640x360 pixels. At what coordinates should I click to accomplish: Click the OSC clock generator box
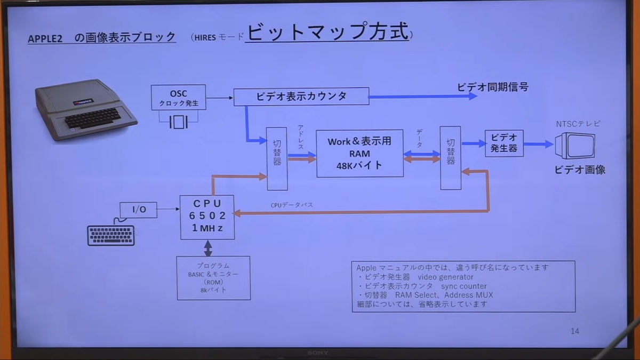point(178,98)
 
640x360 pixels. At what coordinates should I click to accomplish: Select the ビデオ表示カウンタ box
point(301,97)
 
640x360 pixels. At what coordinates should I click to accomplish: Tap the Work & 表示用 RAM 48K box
point(359,154)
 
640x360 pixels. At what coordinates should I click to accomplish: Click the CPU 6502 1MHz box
point(207,217)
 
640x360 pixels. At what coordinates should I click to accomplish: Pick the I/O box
point(139,210)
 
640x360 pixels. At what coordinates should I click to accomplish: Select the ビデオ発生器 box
point(505,143)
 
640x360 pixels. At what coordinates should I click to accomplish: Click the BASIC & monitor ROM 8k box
point(213,278)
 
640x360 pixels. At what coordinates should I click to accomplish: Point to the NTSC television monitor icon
point(575,146)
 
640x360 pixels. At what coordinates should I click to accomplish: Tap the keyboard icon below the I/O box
point(111,235)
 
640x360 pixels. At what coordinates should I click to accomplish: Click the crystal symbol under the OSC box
point(179,122)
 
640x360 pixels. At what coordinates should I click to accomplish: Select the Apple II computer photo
point(86,110)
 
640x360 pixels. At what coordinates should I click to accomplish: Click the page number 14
point(575,331)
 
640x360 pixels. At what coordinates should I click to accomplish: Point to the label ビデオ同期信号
point(493,87)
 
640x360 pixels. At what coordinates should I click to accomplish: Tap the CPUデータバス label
point(292,205)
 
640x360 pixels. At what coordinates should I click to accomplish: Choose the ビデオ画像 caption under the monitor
point(580,170)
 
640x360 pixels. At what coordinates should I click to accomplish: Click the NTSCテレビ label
point(578,124)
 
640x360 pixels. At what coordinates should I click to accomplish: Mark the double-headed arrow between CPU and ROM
point(208,248)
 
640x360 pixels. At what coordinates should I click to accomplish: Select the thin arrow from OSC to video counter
point(220,98)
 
